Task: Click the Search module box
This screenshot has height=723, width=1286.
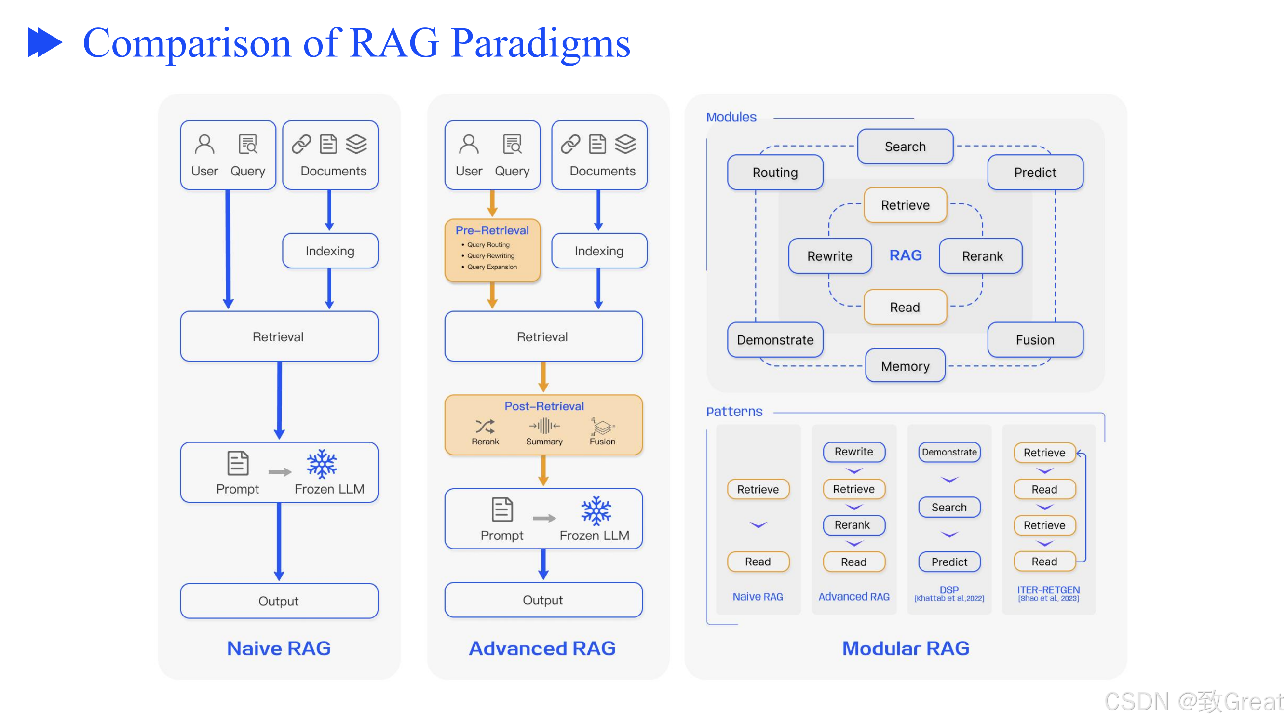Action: coord(905,147)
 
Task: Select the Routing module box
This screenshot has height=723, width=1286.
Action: coord(775,173)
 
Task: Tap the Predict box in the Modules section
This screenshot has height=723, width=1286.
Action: coord(1035,173)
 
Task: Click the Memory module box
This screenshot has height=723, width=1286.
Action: coord(905,366)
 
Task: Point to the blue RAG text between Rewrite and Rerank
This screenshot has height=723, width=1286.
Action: coord(905,255)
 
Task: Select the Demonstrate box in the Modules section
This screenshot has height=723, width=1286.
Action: coord(775,340)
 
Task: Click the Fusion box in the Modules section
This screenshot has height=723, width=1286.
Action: coord(1035,340)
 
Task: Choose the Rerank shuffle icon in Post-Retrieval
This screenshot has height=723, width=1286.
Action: coord(485,427)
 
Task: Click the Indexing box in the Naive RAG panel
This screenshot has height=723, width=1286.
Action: coord(330,251)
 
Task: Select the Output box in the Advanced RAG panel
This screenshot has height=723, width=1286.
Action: coord(543,600)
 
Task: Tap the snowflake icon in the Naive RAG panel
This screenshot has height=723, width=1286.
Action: coord(322,465)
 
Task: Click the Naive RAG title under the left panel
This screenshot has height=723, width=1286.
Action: coord(279,648)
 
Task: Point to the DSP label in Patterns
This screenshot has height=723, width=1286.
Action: coord(948,590)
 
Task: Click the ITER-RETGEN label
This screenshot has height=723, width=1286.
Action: coord(1048,590)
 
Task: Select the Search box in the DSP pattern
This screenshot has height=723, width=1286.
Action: coord(949,508)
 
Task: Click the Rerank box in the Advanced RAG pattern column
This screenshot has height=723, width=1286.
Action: coord(853,525)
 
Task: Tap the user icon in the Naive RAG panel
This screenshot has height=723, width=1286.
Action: coord(204,145)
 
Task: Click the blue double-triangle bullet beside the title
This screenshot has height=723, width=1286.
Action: coord(45,43)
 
